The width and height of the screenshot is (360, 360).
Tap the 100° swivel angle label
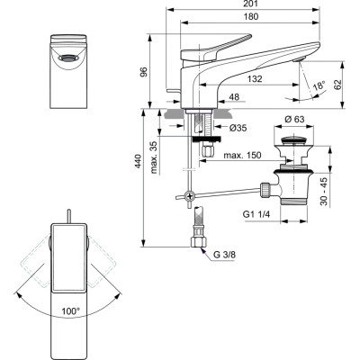coord(68,310)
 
